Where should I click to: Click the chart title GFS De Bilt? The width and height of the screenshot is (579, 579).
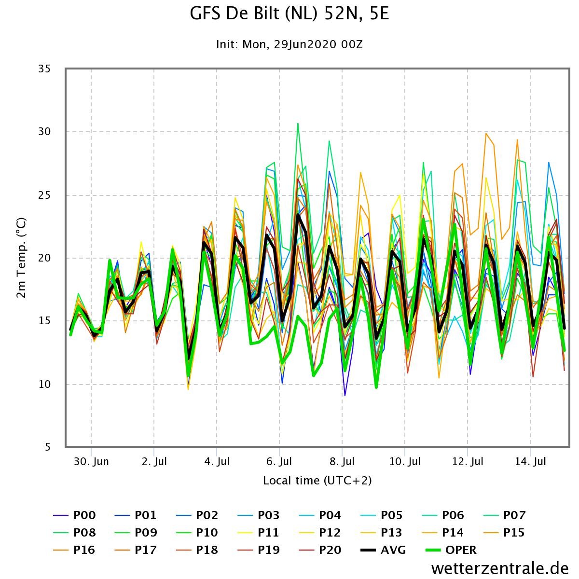tap(289, 14)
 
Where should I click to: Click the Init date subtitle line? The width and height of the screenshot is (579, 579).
tap(289, 44)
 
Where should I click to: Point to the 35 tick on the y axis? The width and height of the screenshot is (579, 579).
tap(44, 69)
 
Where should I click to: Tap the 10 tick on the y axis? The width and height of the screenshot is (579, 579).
tap(44, 384)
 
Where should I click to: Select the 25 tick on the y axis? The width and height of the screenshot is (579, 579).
tap(44, 195)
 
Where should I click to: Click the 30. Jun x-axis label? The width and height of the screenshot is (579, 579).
tap(92, 462)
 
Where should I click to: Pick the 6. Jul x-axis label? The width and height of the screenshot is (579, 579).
tap(279, 462)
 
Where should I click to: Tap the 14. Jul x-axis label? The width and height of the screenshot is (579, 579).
tap(530, 462)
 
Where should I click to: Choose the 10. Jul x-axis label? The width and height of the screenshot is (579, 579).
tap(405, 462)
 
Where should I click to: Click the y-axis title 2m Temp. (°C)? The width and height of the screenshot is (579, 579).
tap(21, 258)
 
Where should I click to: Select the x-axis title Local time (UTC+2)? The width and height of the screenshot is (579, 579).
tap(317, 481)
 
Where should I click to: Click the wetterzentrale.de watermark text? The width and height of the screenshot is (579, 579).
tap(500, 568)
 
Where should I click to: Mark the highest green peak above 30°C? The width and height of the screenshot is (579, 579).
tap(298, 124)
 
